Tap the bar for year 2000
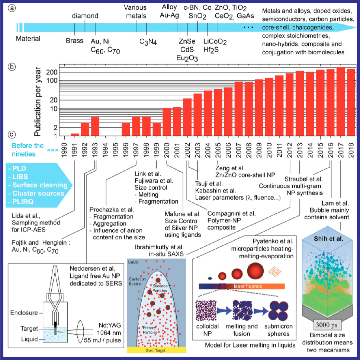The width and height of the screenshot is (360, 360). click(x=167, y=122)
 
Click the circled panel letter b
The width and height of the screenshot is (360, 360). click(x=12, y=68)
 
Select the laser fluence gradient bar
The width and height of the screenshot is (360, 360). click(x=242, y=286)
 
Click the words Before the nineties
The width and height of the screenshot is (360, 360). click(x=28, y=149)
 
